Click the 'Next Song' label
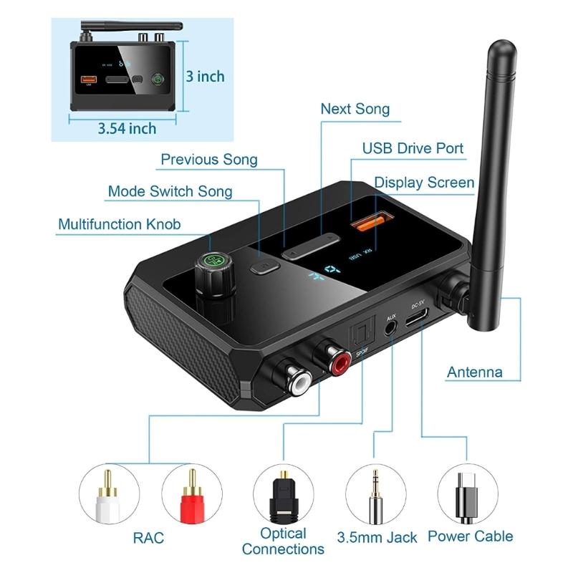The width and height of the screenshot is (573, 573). [x=355, y=109]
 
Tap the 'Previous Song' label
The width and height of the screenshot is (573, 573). [x=208, y=159]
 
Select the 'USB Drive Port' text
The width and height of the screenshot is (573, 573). [x=413, y=149]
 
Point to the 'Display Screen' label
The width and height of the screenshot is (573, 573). [x=424, y=183]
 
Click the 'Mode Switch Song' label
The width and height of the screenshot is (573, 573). [x=170, y=191]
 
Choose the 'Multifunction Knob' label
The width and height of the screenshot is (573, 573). [x=119, y=224]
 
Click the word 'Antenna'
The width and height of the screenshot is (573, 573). [x=474, y=372]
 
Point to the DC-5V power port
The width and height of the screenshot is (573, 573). [x=417, y=321]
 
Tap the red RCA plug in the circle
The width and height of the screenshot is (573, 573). [x=192, y=494]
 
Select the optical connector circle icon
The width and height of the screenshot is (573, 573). [x=283, y=494]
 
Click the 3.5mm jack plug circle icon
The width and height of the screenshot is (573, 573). [x=375, y=494]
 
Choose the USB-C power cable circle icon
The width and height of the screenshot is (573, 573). [x=467, y=494]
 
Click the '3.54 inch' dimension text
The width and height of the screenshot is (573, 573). [x=127, y=128]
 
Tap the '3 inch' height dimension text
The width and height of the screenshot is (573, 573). [x=205, y=76]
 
